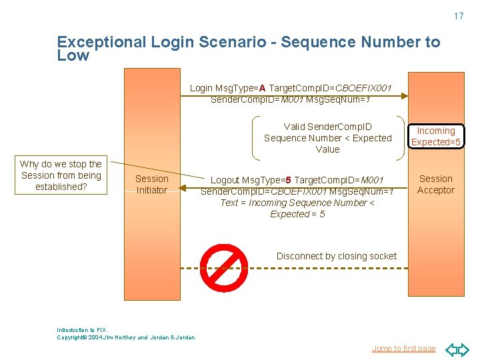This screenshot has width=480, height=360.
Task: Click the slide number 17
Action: tap(458, 16)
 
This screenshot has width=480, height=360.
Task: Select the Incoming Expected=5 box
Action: tap(436, 137)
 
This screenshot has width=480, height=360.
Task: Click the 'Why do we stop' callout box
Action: tap(61, 175)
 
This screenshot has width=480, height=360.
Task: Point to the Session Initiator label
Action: tap(152, 184)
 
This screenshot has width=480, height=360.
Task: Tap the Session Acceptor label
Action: tap(436, 184)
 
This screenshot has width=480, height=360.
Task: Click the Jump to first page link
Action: tap(403, 348)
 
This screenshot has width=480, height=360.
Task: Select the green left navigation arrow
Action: tap(449, 349)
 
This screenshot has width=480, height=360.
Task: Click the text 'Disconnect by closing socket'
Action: tap(337, 256)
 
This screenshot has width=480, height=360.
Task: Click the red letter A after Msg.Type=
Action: tap(263, 88)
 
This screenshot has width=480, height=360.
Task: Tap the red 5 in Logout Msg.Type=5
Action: tap(288, 180)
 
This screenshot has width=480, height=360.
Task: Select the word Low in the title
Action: tap(73, 56)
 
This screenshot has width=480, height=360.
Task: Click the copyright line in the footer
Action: tap(126, 337)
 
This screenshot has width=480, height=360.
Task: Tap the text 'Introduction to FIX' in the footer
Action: tap(81, 330)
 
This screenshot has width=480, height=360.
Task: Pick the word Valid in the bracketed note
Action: tap(295, 127)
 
